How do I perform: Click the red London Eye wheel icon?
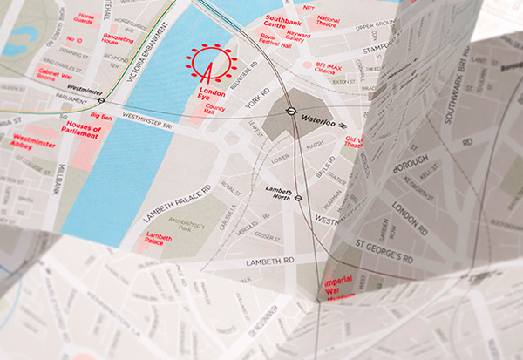click(x=211, y=64)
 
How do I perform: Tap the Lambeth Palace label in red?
click(x=159, y=239)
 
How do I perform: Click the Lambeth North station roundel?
click(x=298, y=198)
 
